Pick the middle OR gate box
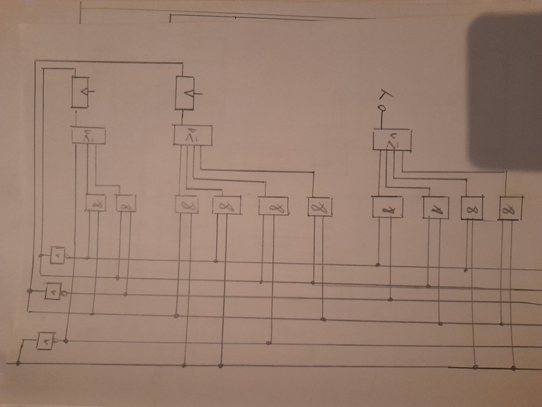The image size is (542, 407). pos(193,135)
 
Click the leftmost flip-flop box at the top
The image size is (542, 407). pos(81,91)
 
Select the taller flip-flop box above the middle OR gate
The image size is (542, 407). pos(186,93)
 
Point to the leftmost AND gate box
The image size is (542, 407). pos(94,202)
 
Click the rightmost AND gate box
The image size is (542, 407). pos(510,208)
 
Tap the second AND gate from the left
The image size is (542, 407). pos(125,203)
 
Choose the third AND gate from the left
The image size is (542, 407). pos(186,204)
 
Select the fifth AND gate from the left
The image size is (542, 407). pos(273,206)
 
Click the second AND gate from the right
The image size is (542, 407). pos(472,207)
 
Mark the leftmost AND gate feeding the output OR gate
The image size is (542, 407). pos(388,207)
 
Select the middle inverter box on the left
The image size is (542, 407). pos(51,292)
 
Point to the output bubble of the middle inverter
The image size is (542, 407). pos(63,293)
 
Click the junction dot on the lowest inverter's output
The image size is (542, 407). pos(66,340)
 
